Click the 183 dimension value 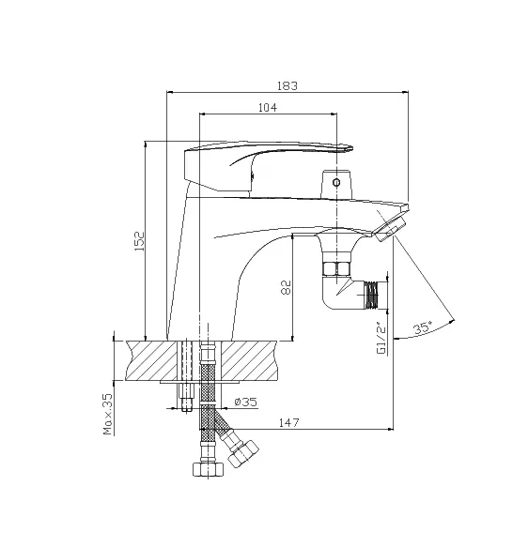click(x=288, y=85)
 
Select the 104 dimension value click(x=268, y=108)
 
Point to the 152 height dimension click(x=139, y=241)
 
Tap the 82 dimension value click(x=286, y=287)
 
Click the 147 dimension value click(x=289, y=423)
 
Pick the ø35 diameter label click(x=245, y=403)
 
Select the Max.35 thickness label click(x=108, y=414)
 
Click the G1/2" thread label click(x=382, y=339)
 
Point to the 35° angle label click(x=422, y=328)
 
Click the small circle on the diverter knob click(x=336, y=182)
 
